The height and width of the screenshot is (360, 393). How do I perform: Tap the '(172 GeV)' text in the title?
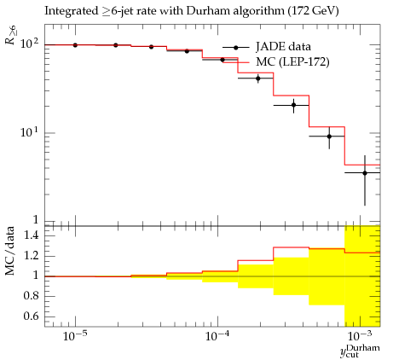coord(313,11)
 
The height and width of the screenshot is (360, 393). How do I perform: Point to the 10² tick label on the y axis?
coord(29,44)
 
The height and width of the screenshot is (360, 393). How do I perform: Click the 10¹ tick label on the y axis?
coord(29,132)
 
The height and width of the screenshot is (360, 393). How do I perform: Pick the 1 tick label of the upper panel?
coord(36,220)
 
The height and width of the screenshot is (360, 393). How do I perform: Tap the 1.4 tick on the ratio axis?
coord(32,235)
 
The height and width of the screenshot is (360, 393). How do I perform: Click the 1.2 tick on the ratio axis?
coord(32,256)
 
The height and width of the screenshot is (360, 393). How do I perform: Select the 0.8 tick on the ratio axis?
coord(32,296)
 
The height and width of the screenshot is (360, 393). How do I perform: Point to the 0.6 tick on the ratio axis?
coord(32,316)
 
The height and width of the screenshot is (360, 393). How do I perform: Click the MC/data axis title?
coord(10,251)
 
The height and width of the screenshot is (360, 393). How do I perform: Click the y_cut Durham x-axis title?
coord(360,351)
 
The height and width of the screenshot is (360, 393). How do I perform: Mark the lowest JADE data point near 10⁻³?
coord(365,173)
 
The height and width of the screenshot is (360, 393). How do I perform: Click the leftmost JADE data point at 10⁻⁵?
coord(75,45)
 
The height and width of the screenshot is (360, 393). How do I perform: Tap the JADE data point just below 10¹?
coord(329,136)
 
